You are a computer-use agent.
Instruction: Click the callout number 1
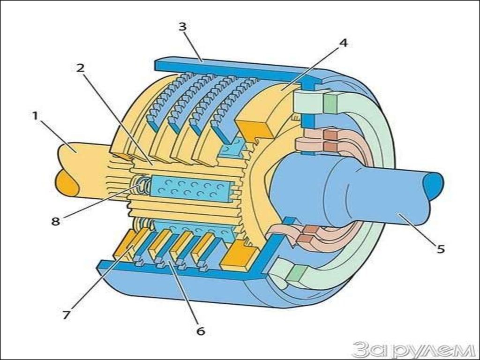(x=35, y=115)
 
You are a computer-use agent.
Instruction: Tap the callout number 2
(x=81, y=67)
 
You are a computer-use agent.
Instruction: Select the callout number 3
(x=182, y=27)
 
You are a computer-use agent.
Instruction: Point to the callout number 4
(x=344, y=43)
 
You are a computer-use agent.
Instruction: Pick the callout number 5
(x=440, y=249)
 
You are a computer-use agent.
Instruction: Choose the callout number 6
(x=201, y=331)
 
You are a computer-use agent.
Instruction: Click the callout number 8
(x=56, y=221)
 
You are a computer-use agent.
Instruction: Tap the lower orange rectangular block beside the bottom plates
(x=240, y=257)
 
